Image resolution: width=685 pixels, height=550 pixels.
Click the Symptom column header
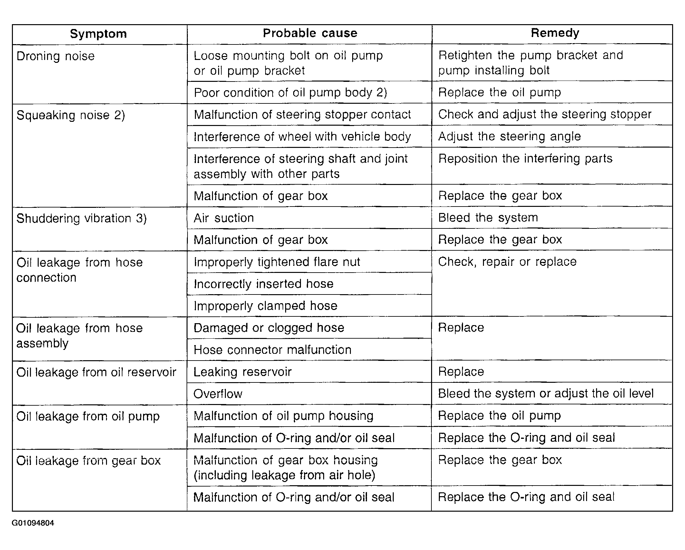98,34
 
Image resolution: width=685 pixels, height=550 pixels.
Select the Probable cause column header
310,33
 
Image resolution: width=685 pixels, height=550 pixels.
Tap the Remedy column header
555,33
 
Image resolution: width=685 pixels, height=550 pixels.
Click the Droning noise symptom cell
55,56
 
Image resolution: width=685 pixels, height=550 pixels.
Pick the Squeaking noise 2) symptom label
71,115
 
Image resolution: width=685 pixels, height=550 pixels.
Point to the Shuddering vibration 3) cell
82,218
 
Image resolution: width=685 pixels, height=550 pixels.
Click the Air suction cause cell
224,218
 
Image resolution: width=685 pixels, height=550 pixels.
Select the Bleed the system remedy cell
488,218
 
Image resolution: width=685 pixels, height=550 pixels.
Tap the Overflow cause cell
218,394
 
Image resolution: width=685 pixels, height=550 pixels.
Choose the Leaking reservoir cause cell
242,372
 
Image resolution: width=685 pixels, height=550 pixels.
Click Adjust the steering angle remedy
509,137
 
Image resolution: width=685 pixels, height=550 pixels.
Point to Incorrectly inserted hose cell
264,284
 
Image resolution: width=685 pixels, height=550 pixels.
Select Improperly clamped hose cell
265,306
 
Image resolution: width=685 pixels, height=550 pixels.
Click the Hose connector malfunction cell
272,350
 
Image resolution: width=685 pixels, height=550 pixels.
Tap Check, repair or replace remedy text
507,262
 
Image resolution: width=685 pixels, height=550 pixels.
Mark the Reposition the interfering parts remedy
525,159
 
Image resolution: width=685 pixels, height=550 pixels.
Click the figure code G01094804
33,523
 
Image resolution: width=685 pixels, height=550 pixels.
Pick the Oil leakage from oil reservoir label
96,372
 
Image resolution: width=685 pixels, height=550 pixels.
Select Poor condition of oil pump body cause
290,93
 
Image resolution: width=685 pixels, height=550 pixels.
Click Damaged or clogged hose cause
269,328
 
